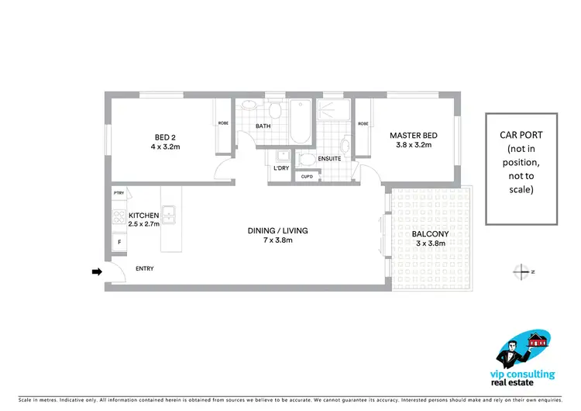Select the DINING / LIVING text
tap(277, 230)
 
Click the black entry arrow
tap(98, 271)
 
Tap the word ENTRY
tap(144, 269)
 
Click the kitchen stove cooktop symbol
tap(119, 216)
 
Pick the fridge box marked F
tap(119, 243)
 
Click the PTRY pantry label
tap(119, 193)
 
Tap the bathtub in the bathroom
tap(301, 122)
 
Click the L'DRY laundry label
tap(280, 167)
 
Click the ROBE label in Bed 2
tap(222, 123)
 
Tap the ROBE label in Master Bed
tap(363, 123)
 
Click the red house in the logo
tap(535, 340)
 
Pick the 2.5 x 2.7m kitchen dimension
tap(143, 223)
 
